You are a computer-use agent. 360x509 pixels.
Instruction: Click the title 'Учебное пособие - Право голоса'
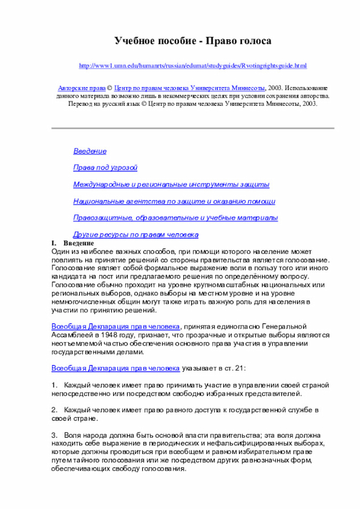[x=193, y=41]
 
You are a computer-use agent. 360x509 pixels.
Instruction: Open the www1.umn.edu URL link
[x=193, y=66]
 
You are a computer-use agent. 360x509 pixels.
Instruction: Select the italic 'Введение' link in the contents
[x=90, y=151]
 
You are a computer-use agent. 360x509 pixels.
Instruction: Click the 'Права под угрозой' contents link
[x=105, y=168]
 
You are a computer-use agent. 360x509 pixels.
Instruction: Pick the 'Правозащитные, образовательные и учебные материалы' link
[x=175, y=218]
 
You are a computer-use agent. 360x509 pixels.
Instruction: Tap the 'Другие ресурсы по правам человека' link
[x=136, y=234]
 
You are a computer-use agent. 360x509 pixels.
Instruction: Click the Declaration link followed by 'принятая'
[x=116, y=327]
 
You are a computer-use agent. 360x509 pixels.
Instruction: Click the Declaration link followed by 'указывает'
[x=116, y=368]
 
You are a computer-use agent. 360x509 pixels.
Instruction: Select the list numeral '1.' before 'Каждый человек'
[x=54, y=385]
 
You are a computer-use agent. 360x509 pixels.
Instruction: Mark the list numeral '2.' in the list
[x=54, y=411]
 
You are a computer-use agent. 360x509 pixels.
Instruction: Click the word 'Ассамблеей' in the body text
[x=70, y=335]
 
